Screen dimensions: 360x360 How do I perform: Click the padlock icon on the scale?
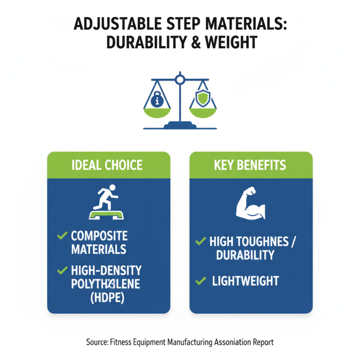[x=157, y=99]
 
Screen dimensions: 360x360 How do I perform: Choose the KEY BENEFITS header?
[x=251, y=165]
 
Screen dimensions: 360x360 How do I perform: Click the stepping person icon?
[x=108, y=201]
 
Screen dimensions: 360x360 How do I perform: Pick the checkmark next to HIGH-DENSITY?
[x=60, y=270]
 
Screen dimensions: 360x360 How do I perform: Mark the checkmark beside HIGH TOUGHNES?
[x=200, y=242]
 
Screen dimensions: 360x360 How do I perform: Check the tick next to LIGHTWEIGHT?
[x=200, y=282]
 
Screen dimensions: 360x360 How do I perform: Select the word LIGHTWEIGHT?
[x=245, y=282]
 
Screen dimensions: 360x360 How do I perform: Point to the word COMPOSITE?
[x=99, y=235]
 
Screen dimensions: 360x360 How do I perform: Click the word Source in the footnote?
[x=96, y=342]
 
